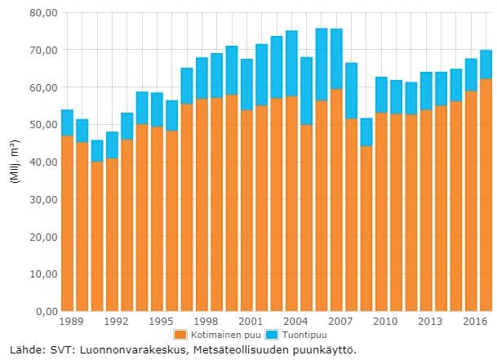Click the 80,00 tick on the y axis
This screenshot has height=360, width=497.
(42, 13)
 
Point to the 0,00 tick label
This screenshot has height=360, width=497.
(44, 311)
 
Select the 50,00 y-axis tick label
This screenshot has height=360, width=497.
(42, 125)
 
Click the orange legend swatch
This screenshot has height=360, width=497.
(180, 335)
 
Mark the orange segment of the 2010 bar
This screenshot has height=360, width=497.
(381, 211)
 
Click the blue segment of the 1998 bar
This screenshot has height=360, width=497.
(202, 78)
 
